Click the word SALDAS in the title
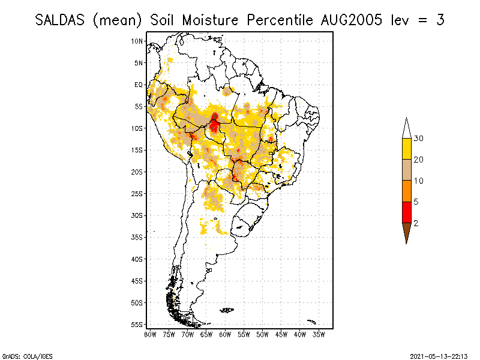coord(59,20)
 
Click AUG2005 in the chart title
coord(352,20)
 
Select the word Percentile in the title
coord(280,20)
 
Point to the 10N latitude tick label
coord(137,41)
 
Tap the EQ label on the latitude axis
coord(139,85)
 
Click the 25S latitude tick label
coord(137,194)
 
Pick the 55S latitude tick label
coord(137,325)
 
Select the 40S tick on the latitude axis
coord(137,259)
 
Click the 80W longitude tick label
coord(150,335)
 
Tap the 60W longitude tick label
coord(225,335)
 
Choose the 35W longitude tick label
coord(319,335)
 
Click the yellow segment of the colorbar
coord(407,149)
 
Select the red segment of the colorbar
coord(407,212)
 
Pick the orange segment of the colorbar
coord(407,191)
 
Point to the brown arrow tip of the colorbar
coord(407,244)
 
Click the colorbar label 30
coord(418,139)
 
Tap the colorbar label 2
coord(416,223)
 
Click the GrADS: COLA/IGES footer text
coord(27,356)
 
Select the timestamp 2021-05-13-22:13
coord(439,356)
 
